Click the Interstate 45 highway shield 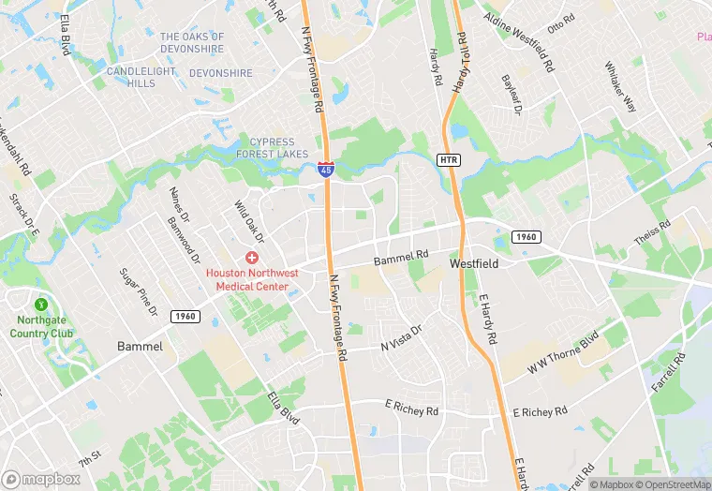[x=325, y=169]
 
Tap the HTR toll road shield [x=450, y=160]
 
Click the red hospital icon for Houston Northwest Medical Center [x=252, y=257]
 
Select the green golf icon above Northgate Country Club [x=40, y=305]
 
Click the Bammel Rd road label [x=401, y=254]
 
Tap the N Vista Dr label [x=402, y=339]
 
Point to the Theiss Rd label [x=652, y=233]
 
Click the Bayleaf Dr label [x=511, y=95]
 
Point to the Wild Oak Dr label [x=249, y=221]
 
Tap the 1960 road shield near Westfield [x=526, y=237]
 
